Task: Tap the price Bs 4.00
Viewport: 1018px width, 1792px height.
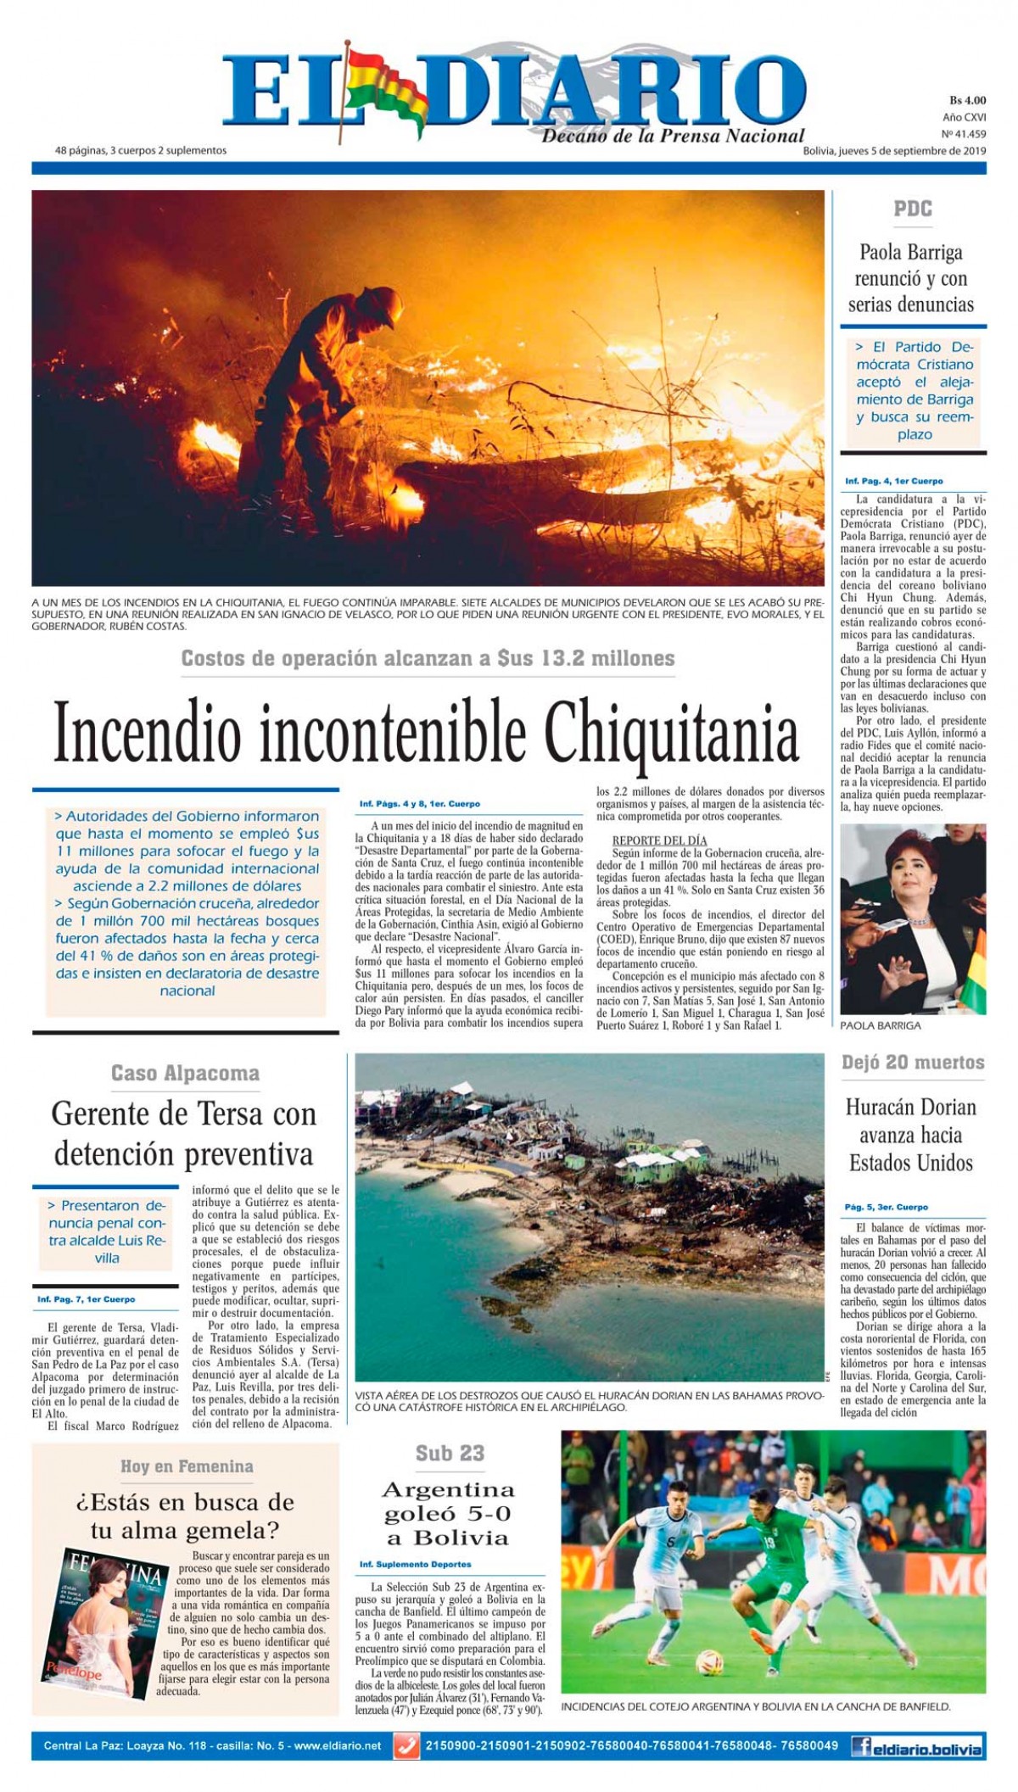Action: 966,101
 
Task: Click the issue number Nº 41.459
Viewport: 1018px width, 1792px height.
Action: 964,134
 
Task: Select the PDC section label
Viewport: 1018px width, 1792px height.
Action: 912,209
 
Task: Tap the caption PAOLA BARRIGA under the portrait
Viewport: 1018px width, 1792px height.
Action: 880,1025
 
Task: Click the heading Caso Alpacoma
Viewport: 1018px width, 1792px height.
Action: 185,1073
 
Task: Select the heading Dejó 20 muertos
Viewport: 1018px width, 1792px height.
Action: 913,1063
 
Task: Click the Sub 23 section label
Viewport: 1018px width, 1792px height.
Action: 450,1453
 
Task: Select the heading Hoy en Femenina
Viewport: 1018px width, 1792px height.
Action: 186,1466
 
